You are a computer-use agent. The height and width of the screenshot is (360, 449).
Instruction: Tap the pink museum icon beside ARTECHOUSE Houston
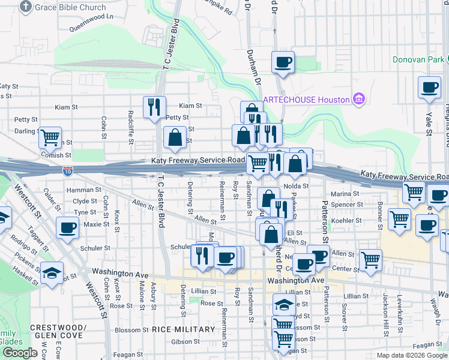(x=360, y=99)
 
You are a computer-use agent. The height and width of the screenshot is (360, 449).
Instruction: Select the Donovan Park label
(x=418, y=59)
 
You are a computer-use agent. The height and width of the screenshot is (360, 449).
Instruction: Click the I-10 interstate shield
(x=68, y=171)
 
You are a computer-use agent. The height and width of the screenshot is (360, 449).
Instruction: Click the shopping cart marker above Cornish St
(x=50, y=137)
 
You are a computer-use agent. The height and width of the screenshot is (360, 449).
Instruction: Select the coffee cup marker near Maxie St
(x=67, y=227)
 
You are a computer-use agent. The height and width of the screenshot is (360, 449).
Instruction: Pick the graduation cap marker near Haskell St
(x=52, y=272)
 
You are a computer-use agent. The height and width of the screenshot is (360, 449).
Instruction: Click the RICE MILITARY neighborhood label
(x=183, y=329)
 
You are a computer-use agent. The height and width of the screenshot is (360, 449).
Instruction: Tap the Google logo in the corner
(x=19, y=353)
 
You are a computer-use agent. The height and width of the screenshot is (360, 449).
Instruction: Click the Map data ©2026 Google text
(x=411, y=355)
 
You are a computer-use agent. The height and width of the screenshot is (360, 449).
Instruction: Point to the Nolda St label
(x=295, y=186)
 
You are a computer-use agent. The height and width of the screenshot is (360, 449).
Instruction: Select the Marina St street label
(x=345, y=194)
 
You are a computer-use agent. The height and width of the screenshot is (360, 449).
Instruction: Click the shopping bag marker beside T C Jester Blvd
(x=174, y=137)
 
